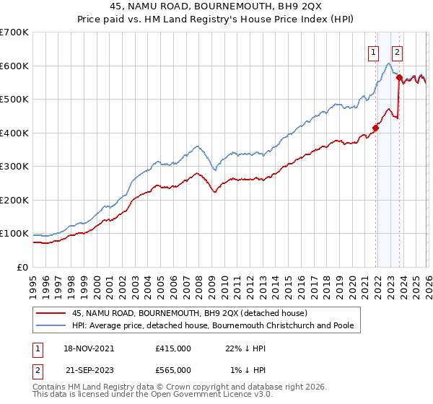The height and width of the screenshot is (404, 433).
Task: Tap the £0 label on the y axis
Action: pos(21,267)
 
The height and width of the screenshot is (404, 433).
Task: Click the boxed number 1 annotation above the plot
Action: pos(373,51)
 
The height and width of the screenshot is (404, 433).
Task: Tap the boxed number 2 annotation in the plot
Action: pos(398,51)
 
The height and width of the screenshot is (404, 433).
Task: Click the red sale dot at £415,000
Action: pos(376,128)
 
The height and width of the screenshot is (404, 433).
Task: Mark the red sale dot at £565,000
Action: pos(399,77)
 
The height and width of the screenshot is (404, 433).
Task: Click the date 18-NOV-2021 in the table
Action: pos(89,348)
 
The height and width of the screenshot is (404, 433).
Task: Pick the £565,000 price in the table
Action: pos(173,369)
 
